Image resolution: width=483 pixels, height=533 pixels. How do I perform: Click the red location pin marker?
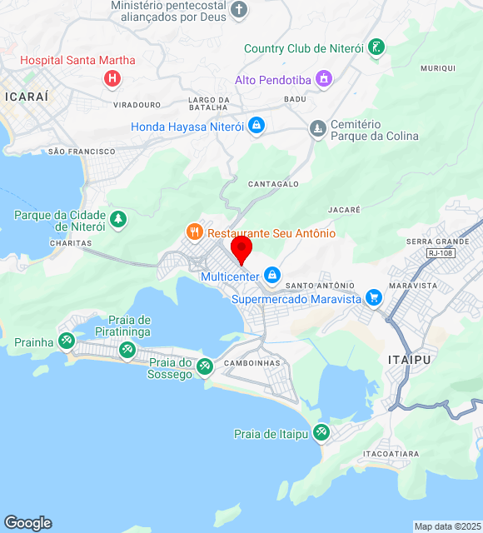pyautogui.click(x=242, y=248)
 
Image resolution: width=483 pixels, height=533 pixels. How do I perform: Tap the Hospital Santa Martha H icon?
pyautogui.click(x=112, y=79)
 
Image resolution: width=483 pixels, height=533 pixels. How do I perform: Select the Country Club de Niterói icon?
pyautogui.click(x=377, y=47)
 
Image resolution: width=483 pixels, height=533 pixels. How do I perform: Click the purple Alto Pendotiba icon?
pyautogui.click(x=324, y=79)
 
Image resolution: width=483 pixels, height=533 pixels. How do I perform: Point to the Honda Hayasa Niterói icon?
pyautogui.click(x=256, y=127)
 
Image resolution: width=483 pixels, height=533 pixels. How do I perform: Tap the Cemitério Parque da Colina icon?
pyautogui.click(x=317, y=129)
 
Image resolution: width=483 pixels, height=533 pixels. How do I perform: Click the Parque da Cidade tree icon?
pyautogui.click(x=118, y=220)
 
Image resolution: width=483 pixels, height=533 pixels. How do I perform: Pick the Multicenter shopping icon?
pyautogui.click(x=271, y=275)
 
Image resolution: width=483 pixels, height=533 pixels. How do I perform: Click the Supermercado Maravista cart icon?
pyautogui.click(x=374, y=297)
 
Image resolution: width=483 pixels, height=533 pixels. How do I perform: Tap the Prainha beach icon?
pyautogui.click(x=67, y=341)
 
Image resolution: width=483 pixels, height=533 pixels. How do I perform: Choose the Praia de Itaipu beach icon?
pyautogui.click(x=321, y=433)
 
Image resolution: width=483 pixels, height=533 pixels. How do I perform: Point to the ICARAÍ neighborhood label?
pyautogui.click(x=27, y=97)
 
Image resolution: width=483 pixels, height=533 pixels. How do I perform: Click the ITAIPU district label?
pyautogui.click(x=409, y=359)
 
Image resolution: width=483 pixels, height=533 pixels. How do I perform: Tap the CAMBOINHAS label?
pyautogui.click(x=251, y=364)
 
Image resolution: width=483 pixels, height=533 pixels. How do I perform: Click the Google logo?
pyautogui.click(x=27, y=523)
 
